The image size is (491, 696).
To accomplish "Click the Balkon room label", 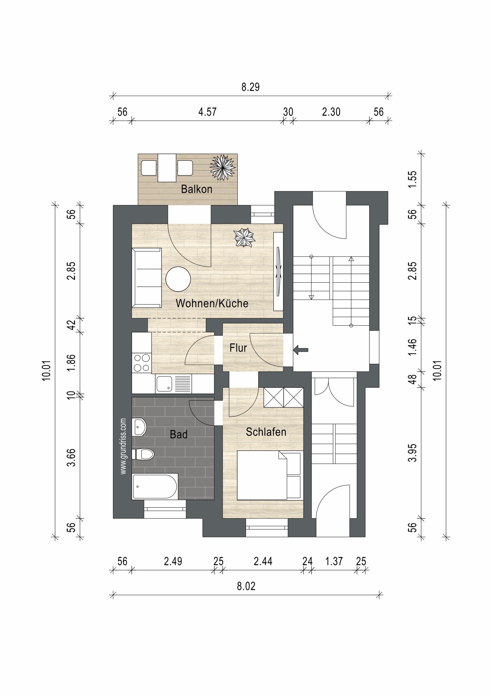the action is point(197,189).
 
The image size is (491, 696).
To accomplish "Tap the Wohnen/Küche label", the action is point(212,303).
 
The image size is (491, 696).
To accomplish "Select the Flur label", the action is point(238,348).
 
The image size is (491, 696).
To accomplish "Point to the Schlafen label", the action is point(266,432).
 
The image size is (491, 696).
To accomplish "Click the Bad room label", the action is point(179,434).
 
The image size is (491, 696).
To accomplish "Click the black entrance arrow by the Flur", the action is point(301,350).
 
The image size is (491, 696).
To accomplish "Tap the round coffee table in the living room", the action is point(178,279).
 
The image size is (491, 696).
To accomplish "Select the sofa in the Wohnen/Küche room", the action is point(147,278).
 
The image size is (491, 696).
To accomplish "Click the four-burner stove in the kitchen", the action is point(142,363).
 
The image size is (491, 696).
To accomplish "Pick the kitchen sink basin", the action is point(164,383).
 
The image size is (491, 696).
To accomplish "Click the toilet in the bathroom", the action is point(143,454).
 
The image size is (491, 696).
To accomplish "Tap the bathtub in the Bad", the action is point(155,487).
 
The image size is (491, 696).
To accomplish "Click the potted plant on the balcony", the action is point(222,168).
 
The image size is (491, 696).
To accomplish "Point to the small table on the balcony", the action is point(167,168).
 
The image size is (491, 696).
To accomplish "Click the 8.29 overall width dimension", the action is point(251,87).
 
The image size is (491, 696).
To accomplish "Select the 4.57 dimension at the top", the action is point(208,112).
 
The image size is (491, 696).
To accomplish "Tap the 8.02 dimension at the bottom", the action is point(246,586).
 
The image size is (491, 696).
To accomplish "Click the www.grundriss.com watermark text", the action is point(123,446).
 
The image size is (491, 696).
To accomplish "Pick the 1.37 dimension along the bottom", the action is point(334,561).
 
